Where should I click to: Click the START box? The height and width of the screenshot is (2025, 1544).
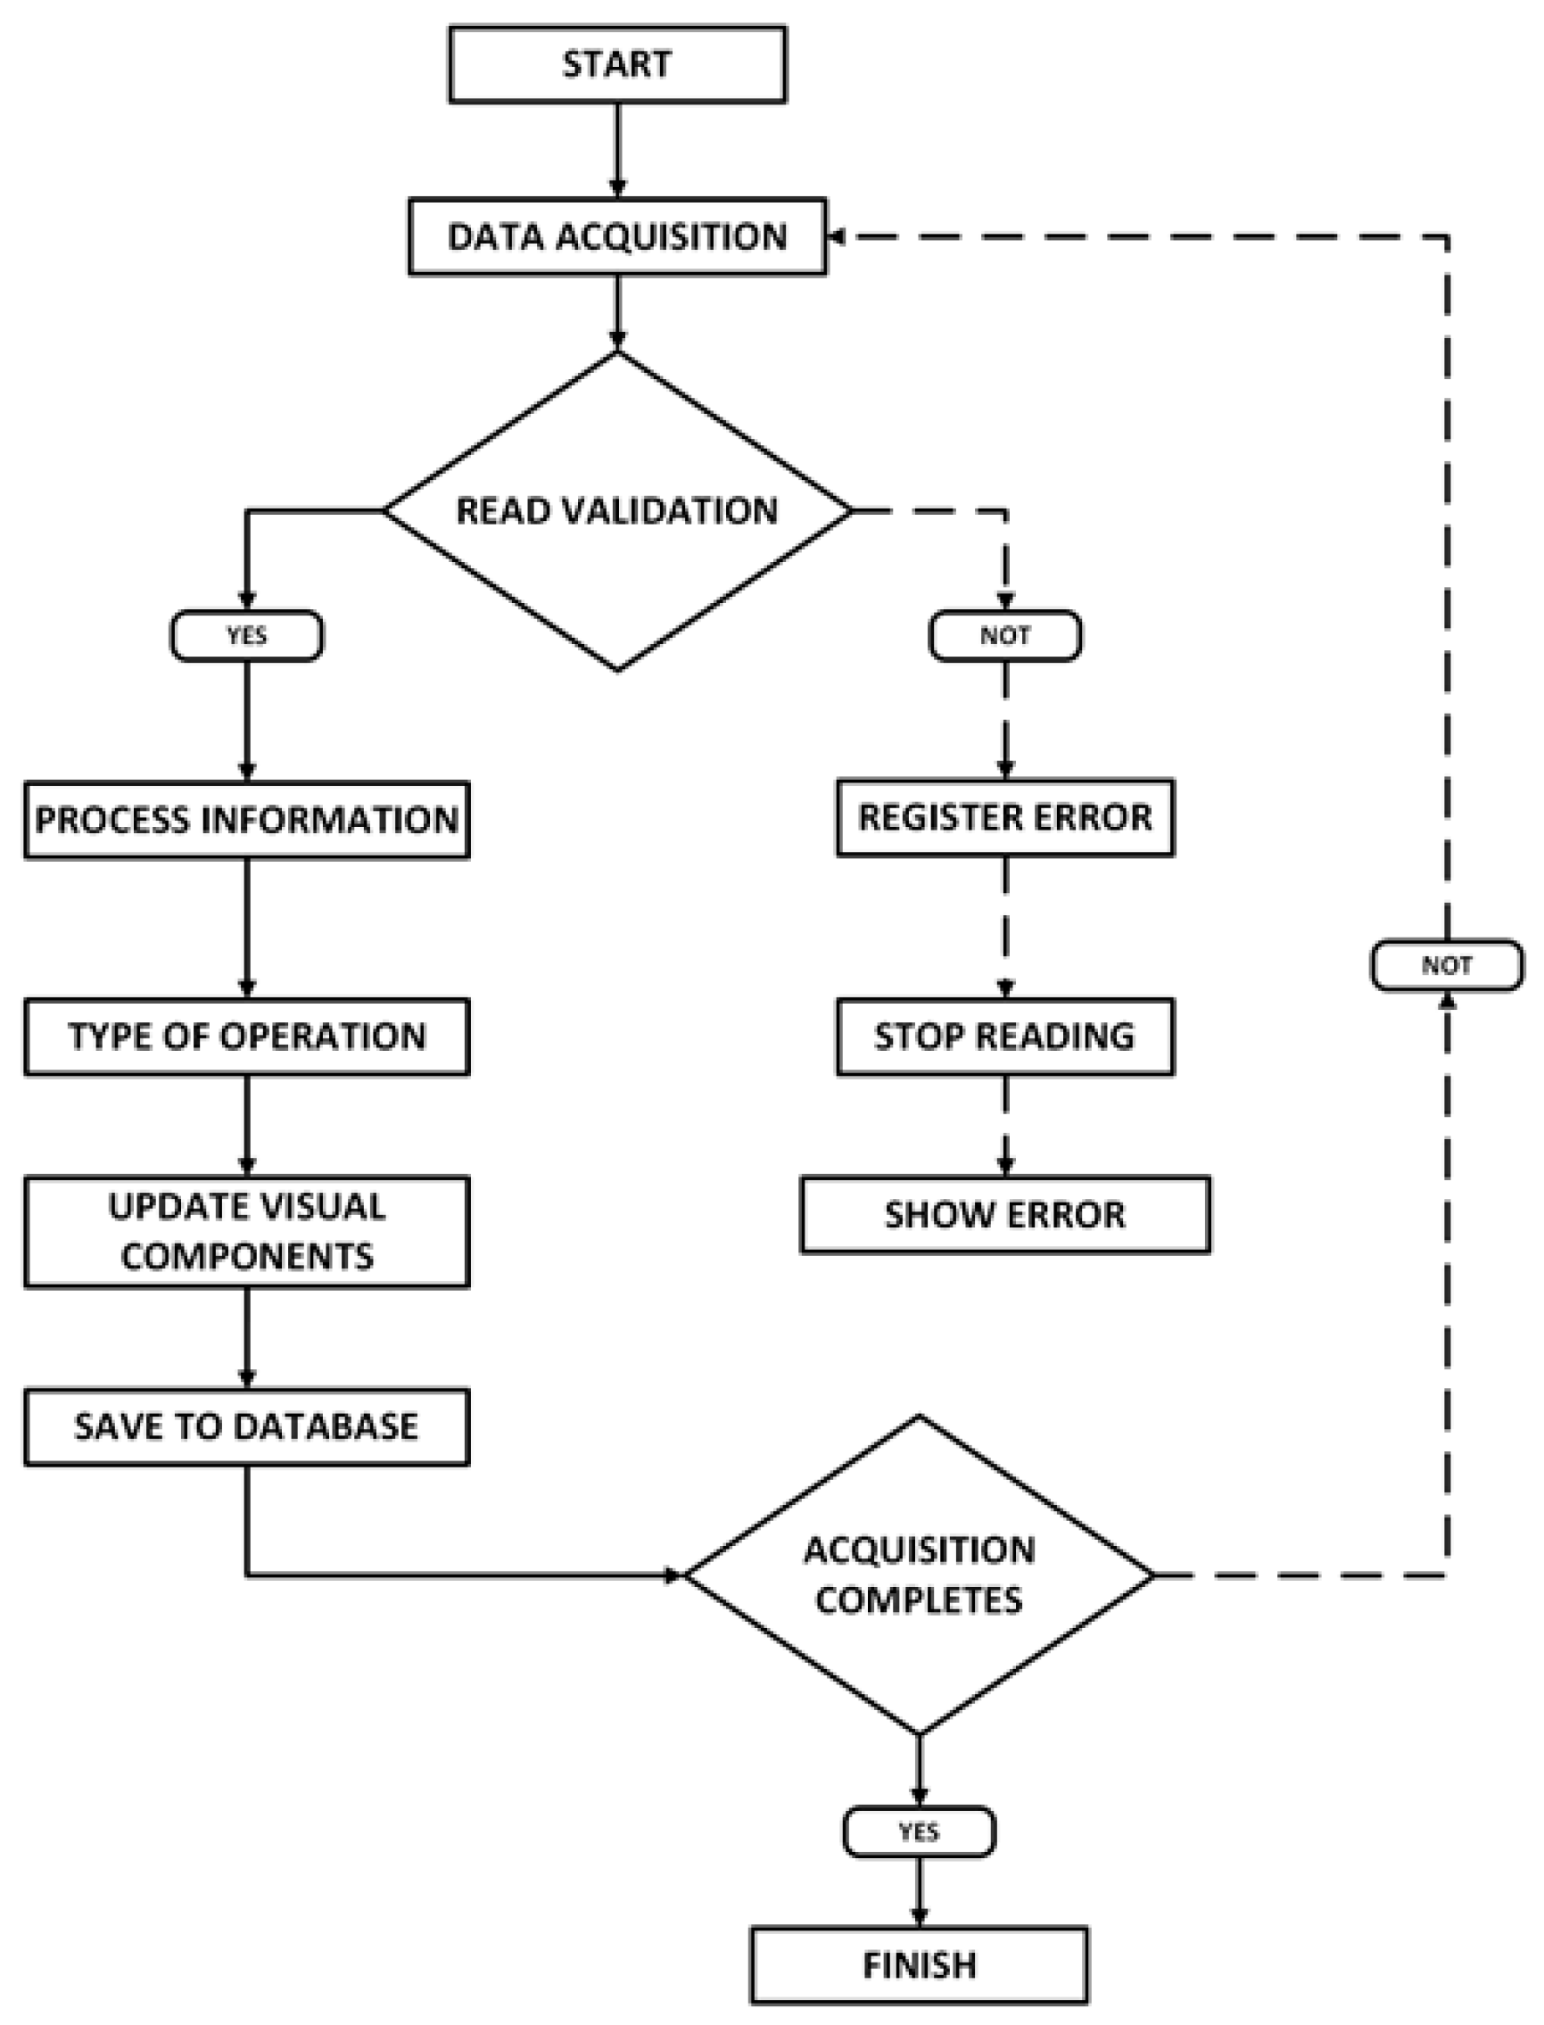pyautogui.click(x=616, y=64)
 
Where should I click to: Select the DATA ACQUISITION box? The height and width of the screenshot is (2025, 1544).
pyautogui.click(x=616, y=236)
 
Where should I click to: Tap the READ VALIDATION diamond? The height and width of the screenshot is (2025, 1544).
pyautogui.click(x=616, y=511)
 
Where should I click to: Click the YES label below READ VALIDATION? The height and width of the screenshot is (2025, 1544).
pyautogui.click(x=246, y=636)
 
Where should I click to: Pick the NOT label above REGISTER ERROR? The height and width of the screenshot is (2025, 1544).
pyautogui.click(x=1004, y=636)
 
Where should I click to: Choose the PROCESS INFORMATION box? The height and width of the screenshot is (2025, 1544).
pyautogui.click(x=246, y=820)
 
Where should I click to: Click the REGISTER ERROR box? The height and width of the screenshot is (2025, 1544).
pyautogui.click(x=1004, y=817)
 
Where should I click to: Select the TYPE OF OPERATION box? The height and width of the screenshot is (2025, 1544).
pyautogui.click(x=246, y=1037)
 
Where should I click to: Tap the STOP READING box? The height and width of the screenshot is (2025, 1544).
pyautogui.click(x=1004, y=1037)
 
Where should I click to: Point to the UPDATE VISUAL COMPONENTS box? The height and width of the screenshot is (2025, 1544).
pyautogui.click(x=246, y=1232)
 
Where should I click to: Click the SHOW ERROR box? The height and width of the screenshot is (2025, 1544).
pyautogui.click(x=1004, y=1214)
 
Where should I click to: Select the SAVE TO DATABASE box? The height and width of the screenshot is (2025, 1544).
pyautogui.click(x=246, y=1426)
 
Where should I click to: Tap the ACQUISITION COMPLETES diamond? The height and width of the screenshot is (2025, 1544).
pyautogui.click(x=919, y=1575)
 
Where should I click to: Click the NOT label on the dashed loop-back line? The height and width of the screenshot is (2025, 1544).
pyautogui.click(x=1447, y=965)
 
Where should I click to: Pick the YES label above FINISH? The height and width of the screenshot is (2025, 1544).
pyautogui.click(x=919, y=1832)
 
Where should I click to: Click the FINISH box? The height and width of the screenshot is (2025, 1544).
pyautogui.click(x=919, y=1965)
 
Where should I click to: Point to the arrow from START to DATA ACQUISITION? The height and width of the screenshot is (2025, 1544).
pyautogui.click(x=616, y=150)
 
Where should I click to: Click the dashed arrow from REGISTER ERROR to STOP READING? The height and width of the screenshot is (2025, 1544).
pyautogui.click(x=1004, y=928)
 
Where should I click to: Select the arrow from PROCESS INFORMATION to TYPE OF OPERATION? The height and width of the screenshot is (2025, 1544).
pyautogui.click(x=246, y=929)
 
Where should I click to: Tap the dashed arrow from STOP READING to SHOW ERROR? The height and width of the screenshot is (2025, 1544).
pyautogui.click(x=1004, y=1126)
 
